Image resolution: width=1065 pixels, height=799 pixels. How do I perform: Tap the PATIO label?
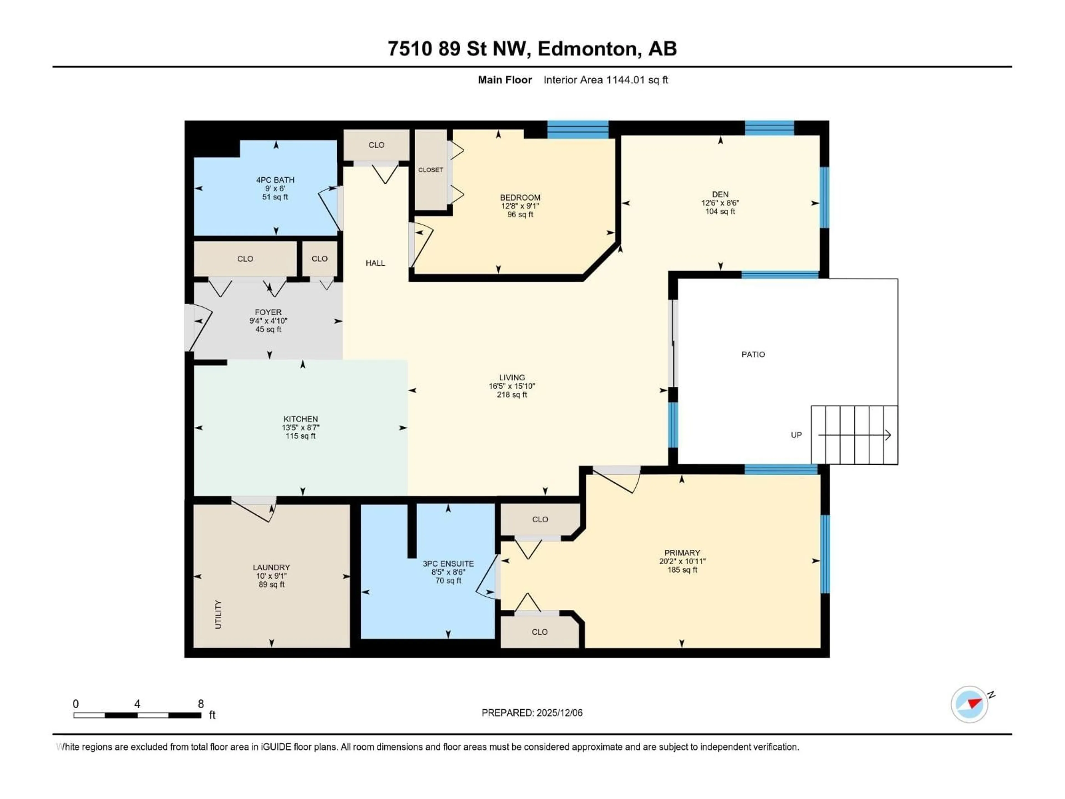(x=753, y=355)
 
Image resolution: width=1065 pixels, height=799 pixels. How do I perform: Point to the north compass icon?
(x=969, y=704)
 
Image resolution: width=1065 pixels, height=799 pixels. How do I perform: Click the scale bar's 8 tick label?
(x=201, y=704)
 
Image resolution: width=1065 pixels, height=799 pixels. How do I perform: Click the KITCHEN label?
(x=300, y=419)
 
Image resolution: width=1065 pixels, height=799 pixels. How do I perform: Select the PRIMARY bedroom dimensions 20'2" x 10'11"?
(x=682, y=561)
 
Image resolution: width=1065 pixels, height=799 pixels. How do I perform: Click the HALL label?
(x=375, y=263)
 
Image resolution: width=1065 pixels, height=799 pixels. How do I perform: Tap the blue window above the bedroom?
(x=578, y=130)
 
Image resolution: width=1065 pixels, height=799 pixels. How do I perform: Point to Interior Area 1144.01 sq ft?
(x=606, y=80)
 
